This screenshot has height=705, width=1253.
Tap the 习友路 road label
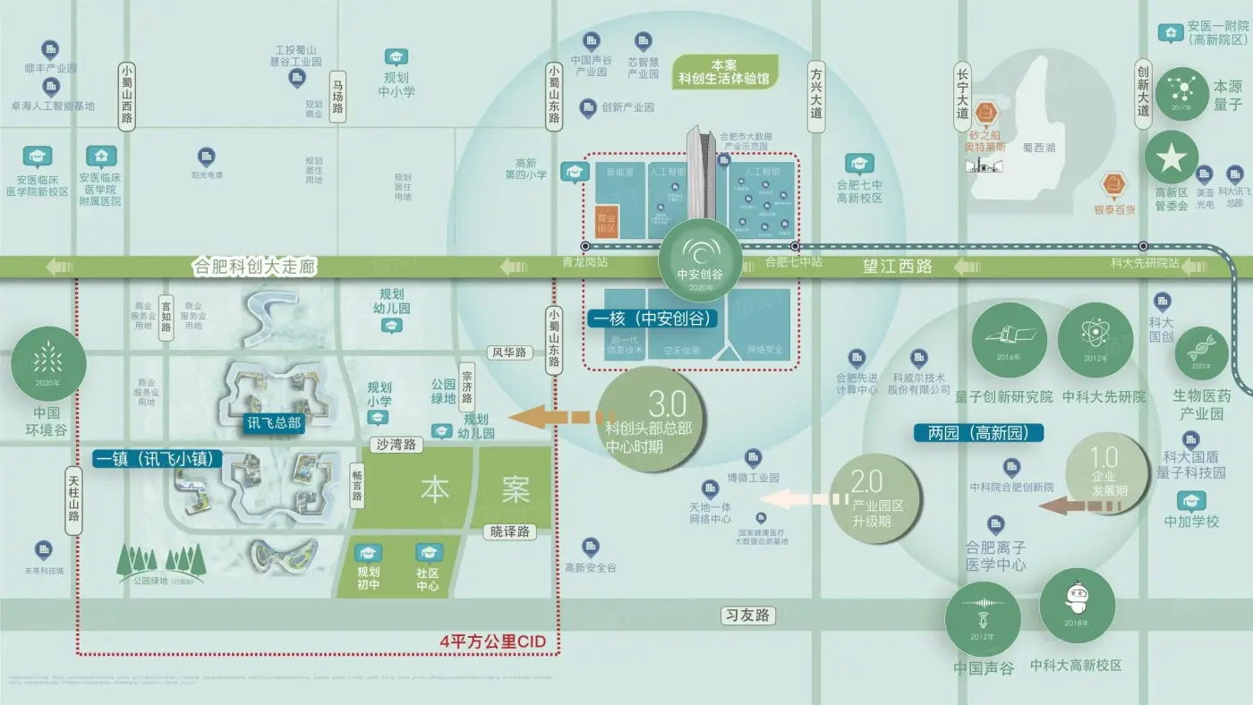point(747,616)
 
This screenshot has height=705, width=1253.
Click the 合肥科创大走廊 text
point(255,267)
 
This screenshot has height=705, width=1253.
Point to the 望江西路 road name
point(898,267)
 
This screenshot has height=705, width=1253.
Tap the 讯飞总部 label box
point(275,423)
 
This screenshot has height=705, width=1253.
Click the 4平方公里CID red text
point(492,641)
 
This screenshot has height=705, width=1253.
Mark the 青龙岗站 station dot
point(584,245)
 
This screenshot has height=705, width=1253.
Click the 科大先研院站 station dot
point(1143,245)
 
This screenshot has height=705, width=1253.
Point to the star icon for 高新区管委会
point(1171,157)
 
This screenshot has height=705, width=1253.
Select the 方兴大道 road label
point(815,97)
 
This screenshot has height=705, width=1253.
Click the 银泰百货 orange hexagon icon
point(1114,184)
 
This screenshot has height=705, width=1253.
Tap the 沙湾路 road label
point(395,445)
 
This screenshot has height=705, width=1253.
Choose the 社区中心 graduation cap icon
point(428,554)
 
